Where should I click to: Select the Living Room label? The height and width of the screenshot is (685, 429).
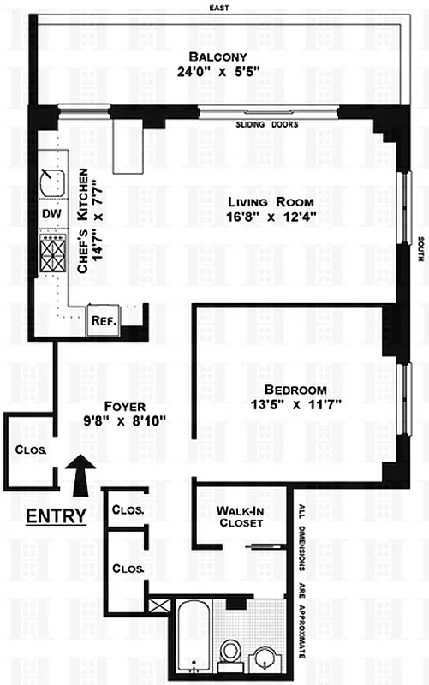coord(270,201)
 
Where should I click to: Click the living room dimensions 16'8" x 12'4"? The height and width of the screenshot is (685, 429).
coord(270,216)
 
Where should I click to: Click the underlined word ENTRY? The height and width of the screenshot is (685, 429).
coord(55,516)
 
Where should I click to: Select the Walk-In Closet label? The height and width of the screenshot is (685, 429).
coord(239,518)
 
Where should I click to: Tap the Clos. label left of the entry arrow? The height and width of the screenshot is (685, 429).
coord(30,449)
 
